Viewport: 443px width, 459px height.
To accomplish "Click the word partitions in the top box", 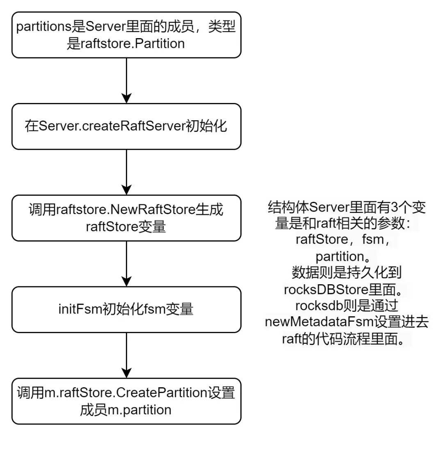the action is (x=44, y=27).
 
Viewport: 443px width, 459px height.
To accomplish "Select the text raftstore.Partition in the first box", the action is (x=132, y=43).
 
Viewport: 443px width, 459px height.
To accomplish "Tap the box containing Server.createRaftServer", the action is (x=126, y=126).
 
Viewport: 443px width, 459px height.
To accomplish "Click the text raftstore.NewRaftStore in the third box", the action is (x=126, y=210).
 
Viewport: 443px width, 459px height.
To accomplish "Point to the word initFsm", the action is (x=80, y=309).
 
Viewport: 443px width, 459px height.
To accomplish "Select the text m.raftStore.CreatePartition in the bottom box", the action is (x=126, y=393).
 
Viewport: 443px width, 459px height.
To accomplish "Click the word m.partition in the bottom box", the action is (x=139, y=410).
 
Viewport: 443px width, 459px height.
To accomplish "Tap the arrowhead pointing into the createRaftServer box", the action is (x=126, y=98).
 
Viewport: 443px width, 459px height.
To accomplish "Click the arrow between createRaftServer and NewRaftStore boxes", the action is (x=126, y=172).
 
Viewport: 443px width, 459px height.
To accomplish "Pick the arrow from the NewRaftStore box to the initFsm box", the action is (x=126, y=264).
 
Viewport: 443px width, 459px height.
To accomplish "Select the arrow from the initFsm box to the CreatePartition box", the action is (x=126, y=355).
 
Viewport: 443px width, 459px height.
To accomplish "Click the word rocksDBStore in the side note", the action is (x=326, y=290).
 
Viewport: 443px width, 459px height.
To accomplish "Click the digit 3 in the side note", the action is (x=395, y=207).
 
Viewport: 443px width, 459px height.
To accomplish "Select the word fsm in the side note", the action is (x=373, y=240).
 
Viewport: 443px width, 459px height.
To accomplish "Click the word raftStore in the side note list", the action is (x=322, y=240).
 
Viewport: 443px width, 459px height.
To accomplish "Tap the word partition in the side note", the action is (x=340, y=257).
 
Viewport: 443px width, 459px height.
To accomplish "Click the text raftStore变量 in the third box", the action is (x=126, y=227).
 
